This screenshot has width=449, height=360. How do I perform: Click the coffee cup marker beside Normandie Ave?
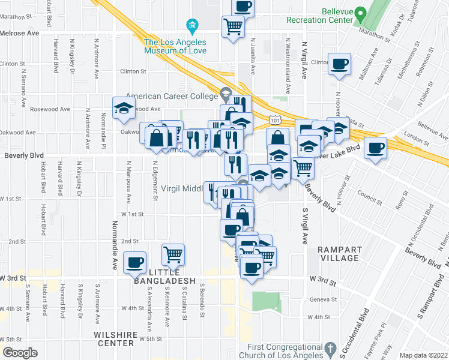point(134,262)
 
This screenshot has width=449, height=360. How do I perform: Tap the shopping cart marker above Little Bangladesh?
point(173,254)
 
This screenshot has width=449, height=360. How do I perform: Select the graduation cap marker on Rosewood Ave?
point(124,107)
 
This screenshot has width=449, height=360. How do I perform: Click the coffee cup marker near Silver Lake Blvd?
point(376,148)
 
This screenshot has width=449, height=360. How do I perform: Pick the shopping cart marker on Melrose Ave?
point(232,26)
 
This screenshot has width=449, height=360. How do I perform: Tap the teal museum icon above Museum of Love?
point(192,25)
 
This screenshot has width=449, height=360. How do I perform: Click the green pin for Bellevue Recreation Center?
point(360,13)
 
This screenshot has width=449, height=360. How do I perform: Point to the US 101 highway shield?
point(275,121)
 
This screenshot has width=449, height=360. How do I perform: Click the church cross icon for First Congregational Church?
point(330,349)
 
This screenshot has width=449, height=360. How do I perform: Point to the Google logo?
point(19,353)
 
